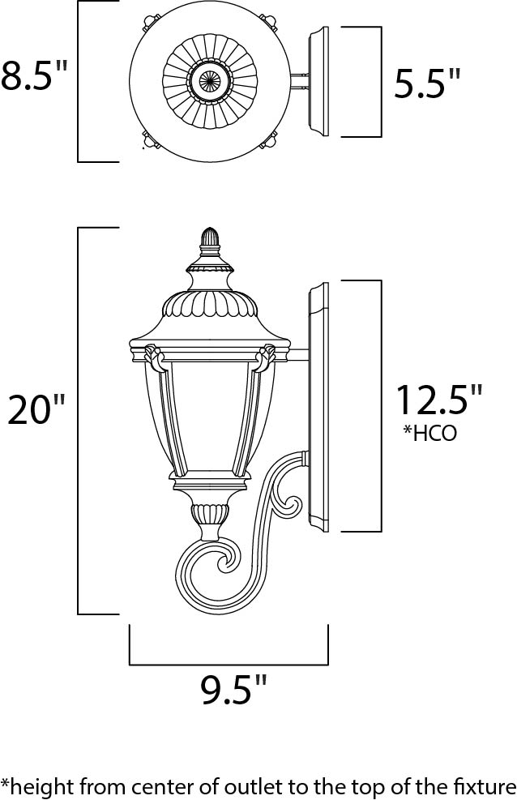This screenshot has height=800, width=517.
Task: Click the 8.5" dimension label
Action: point(34,76)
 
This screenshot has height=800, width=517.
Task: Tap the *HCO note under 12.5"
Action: point(429,433)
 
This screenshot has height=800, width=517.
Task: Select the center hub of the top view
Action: point(210,80)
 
